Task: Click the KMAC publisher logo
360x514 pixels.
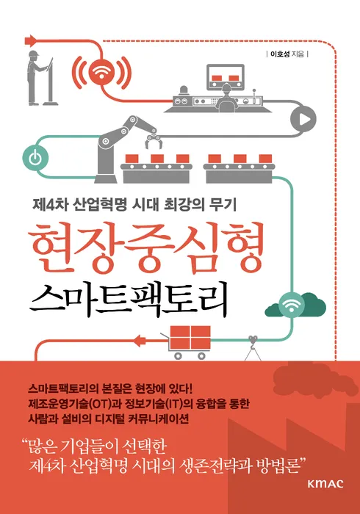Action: (325, 483)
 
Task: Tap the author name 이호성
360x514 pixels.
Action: (279, 54)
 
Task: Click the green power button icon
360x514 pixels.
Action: (35, 158)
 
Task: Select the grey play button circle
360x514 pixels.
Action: (303, 119)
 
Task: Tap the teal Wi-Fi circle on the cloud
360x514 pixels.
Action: (291, 305)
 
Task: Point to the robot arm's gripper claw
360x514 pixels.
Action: (153, 142)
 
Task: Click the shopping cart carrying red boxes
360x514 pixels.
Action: (187, 341)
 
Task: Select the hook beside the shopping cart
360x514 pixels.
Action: (253, 341)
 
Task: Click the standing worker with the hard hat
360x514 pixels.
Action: (37, 78)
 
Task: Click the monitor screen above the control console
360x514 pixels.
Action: (226, 77)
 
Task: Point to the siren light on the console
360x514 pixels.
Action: (184, 90)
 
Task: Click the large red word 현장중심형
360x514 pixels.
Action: (146, 250)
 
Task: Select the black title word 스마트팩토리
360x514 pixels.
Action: (129, 300)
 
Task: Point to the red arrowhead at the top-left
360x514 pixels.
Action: (31, 40)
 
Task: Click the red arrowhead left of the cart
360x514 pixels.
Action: (140, 341)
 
